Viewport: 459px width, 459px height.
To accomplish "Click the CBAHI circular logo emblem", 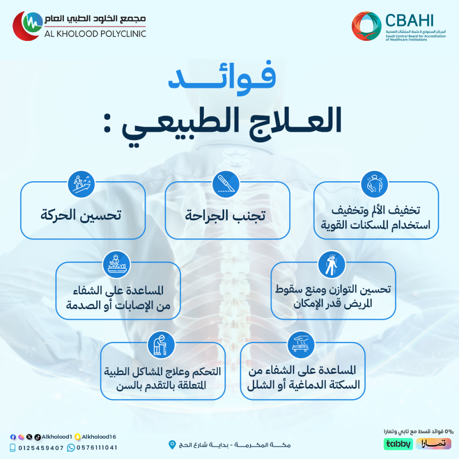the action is coord(366,26).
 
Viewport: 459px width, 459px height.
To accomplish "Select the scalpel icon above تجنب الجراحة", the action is coord(226,185).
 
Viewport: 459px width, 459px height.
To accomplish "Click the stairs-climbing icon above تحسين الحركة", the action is coord(81,185).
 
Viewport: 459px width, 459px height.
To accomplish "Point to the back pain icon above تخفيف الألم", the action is coord(375,185).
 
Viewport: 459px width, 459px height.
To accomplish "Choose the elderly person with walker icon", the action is coord(161,345).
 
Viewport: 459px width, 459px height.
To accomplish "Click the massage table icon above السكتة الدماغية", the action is coord(301,345).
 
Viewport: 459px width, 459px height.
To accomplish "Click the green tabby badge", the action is coord(398,444).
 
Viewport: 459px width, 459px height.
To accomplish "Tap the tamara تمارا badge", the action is coord(434,444).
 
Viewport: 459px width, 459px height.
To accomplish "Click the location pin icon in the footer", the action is coord(172,445).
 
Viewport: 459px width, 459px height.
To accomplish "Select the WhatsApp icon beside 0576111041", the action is coord(71,448).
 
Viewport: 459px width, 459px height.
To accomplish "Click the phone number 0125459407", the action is coord(41,448).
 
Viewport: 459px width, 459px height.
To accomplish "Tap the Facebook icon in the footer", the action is coord(13,437).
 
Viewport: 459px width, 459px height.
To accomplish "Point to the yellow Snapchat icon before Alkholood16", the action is coord(78,437).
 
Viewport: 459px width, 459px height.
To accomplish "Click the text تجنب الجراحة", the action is coord(225,216).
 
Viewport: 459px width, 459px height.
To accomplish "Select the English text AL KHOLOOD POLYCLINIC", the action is coord(95,34).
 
